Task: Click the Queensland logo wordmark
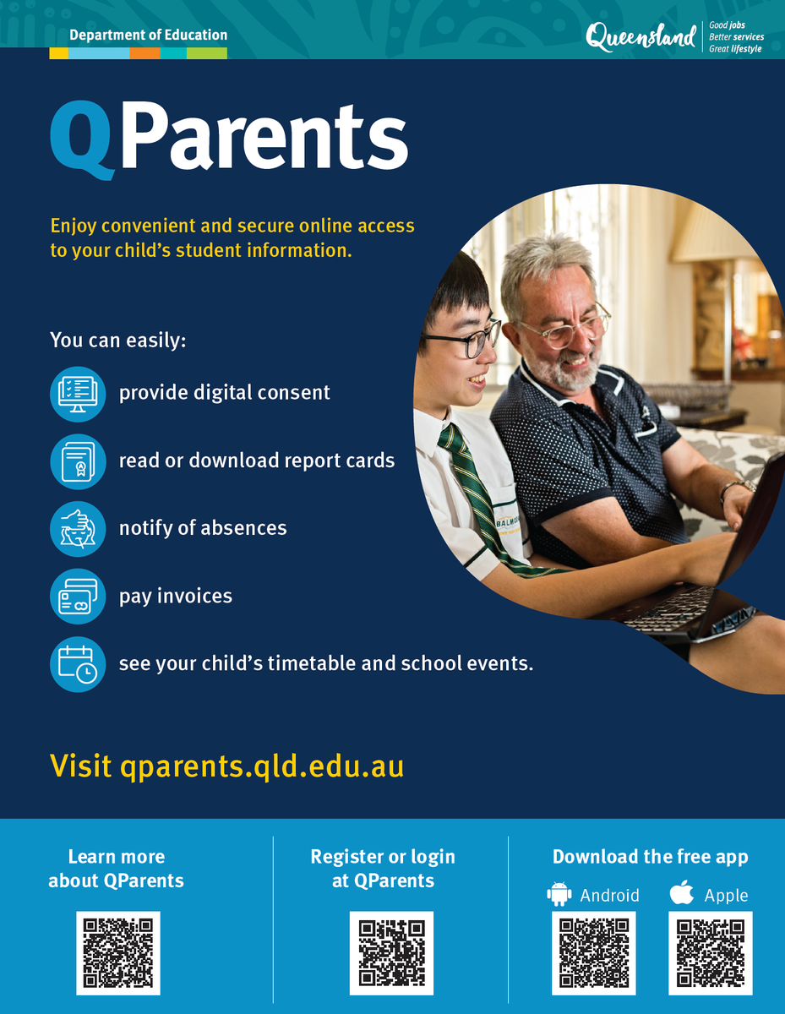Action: (x=641, y=37)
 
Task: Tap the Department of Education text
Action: (x=149, y=35)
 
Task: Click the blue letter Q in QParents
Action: (x=83, y=140)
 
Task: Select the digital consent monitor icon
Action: (x=78, y=395)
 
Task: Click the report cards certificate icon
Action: (x=78, y=461)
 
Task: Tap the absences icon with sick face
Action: (x=78, y=529)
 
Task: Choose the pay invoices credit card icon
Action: (x=78, y=597)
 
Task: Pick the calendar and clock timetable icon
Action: (x=78, y=664)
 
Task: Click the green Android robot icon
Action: (x=559, y=894)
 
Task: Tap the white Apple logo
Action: (x=681, y=892)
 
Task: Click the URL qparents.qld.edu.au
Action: (x=262, y=766)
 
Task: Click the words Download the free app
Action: (x=650, y=857)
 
